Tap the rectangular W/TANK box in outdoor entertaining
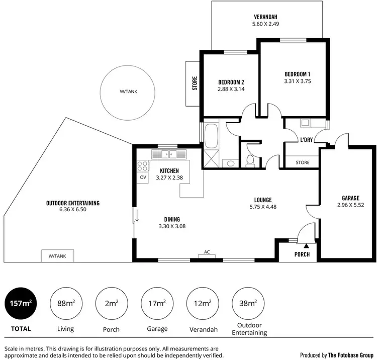[57, 256]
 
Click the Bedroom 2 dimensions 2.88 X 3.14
[231, 89]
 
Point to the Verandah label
[265, 15]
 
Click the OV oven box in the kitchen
[143, 177]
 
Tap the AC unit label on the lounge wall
[207, 252]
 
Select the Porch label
[302, 254]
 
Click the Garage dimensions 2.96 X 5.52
[350, 205]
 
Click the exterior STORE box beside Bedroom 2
[194, 83]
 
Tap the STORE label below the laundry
[303, 162]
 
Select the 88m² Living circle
[66, 303]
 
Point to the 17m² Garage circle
[157, 303]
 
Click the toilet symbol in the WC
[250, 160]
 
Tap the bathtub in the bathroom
[210, 136]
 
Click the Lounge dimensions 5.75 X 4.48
[263, 207]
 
